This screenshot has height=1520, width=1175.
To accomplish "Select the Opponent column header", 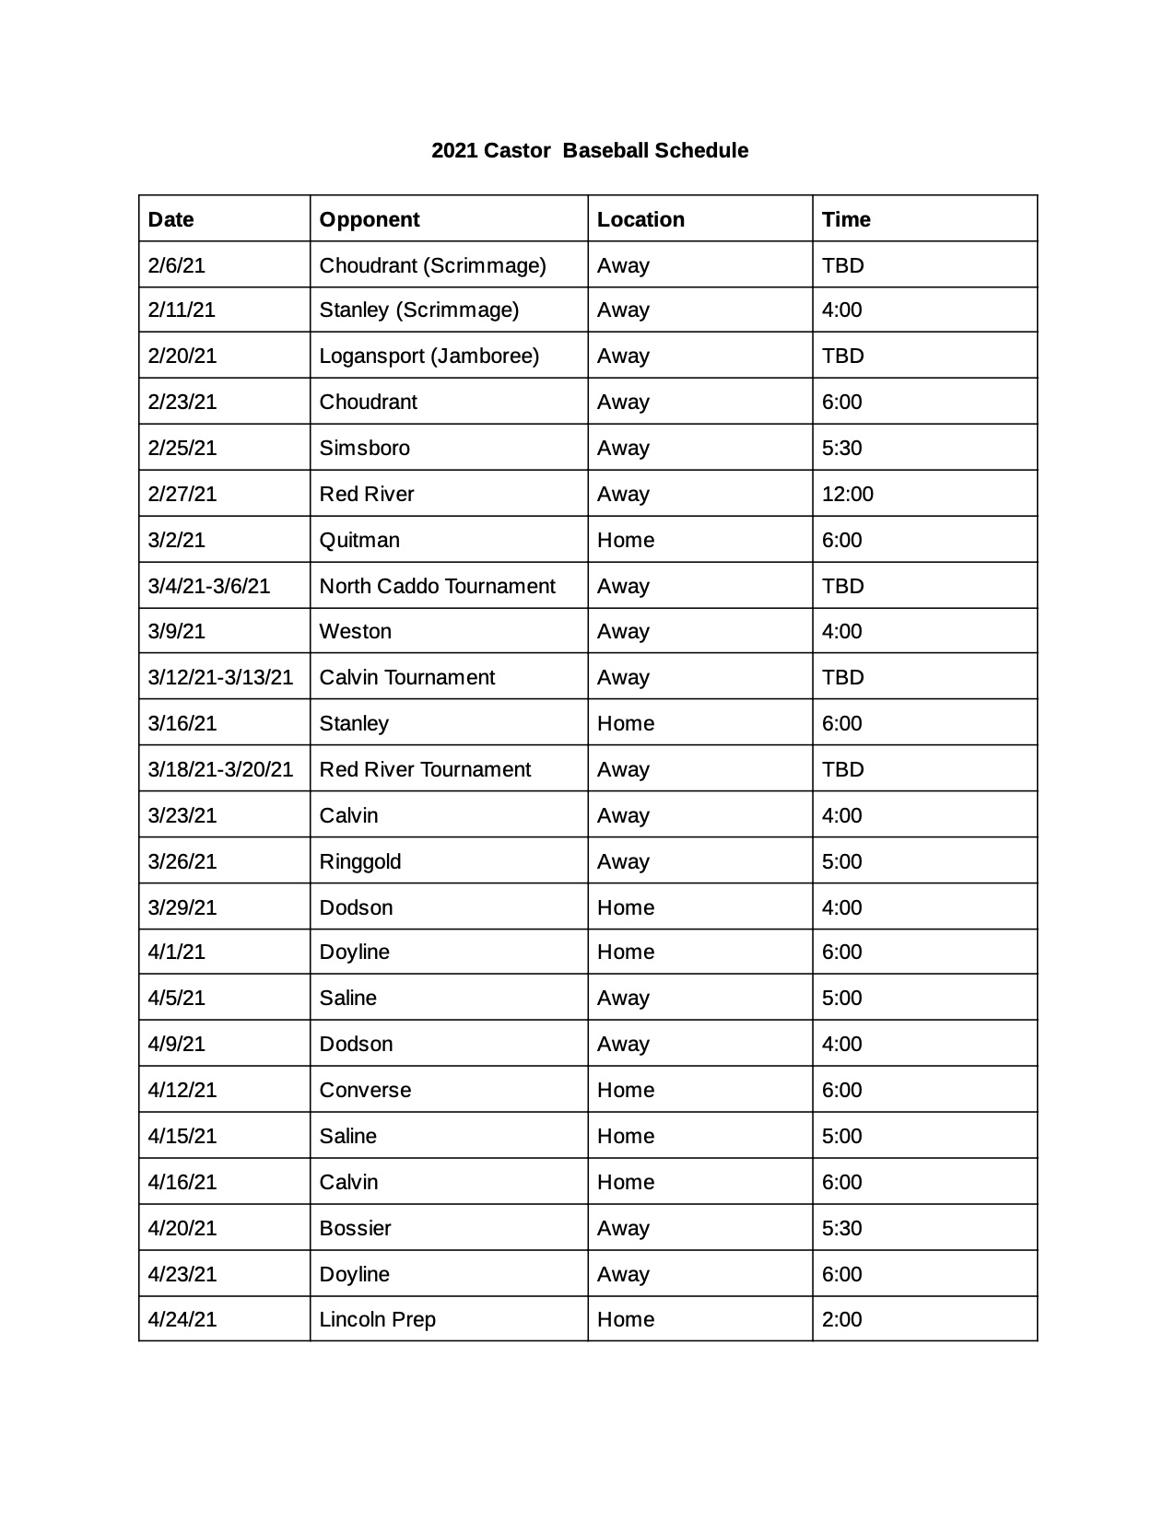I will click(x=369, y=219).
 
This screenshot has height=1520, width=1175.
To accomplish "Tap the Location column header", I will click(x=640, y=219).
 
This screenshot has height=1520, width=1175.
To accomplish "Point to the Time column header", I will click(x=846, y=219).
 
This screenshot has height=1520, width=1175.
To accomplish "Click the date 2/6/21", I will click(x=177, y=265).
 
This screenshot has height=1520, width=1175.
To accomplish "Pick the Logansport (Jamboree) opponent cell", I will click(x=429, y=356).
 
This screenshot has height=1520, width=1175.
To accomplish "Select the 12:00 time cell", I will click(x=847, y=494).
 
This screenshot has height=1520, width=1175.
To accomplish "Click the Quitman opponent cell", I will click(x=359, y=540).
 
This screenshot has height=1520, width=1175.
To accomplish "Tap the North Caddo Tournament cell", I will click(x=437, y=586).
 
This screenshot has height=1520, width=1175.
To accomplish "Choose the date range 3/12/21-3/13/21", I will click(x=220, y=677).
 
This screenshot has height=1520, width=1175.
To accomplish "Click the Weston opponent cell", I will click(x=355, y=631).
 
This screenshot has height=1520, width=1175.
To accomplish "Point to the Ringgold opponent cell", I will click(x=359, y=861).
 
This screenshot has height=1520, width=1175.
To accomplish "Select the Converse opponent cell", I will click(x=365, y=1090).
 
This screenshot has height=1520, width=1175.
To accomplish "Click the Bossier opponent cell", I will click(x=355, y=1228).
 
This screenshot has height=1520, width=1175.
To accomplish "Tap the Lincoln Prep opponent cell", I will click(x=377, y=1319).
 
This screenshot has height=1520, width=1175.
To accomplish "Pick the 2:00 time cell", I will click(x=841, y=1319).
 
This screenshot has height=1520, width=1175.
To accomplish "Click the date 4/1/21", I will click(x=177, y=952).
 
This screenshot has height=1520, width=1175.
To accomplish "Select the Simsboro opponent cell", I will click(x=364, y=448).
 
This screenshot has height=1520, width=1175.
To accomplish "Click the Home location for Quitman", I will click(x=626, y=540).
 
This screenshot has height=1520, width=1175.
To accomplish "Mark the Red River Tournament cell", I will click(x=425, y=769).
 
